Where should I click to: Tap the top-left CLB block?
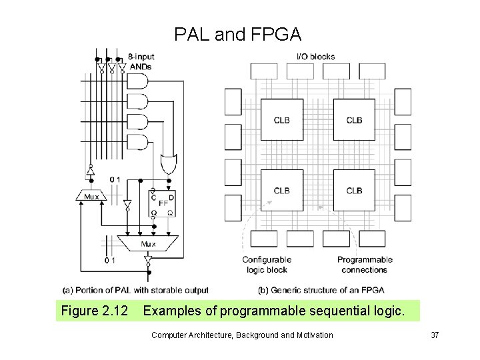(x=281, y=120)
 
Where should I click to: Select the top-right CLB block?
(x=354, y=120)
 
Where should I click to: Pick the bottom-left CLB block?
(x=281, y=191)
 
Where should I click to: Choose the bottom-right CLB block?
(x=354, y=191)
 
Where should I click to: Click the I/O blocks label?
(x=315, y=57)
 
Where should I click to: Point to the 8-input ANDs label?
(x=141, y=61)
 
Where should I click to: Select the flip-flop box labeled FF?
(x=162, y=203)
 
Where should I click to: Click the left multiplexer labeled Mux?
(x=91, y=197)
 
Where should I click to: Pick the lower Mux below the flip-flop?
(x=147, y=244)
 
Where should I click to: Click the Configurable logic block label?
(x=267, y=265)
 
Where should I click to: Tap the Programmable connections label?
(x=365, y=265)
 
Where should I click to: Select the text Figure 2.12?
(x=94, y=311)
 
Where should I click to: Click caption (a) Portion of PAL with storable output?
(x=135, y=290)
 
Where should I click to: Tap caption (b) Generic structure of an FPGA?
(x=321, y=290)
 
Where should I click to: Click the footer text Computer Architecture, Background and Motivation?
(x=242, y=335)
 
